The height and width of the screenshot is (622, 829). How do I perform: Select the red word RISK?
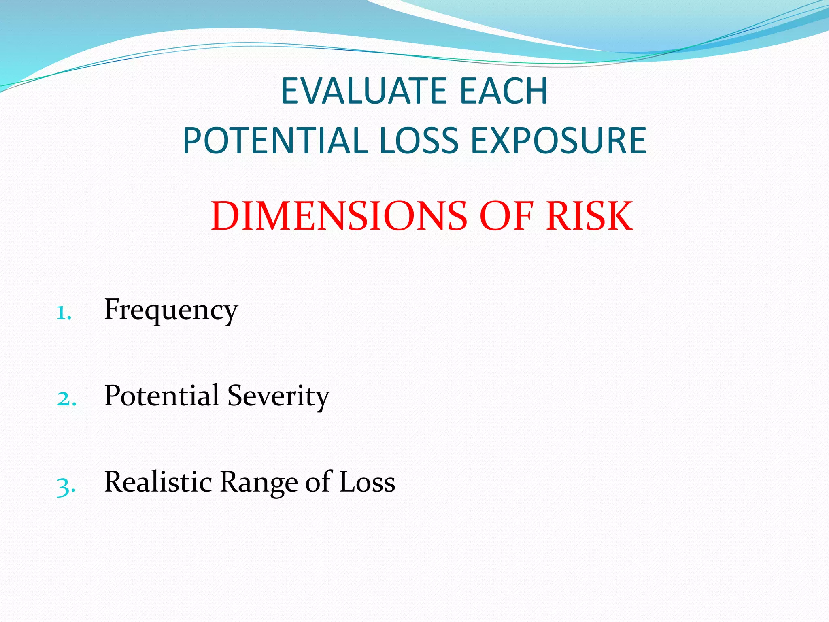[589, 217]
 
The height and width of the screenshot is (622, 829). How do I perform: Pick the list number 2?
[66, 399]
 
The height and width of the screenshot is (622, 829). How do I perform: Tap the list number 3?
[66, 486]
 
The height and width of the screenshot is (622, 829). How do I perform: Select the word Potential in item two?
[162, 396]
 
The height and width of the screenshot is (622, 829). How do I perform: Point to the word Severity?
[278, 396]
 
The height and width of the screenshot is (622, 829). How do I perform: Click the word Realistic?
[158, 482]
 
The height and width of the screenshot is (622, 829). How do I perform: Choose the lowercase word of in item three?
[318, 482]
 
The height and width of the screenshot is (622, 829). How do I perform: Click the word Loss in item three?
[367, 482]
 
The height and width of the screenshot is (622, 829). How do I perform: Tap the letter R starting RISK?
[559, 217]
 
